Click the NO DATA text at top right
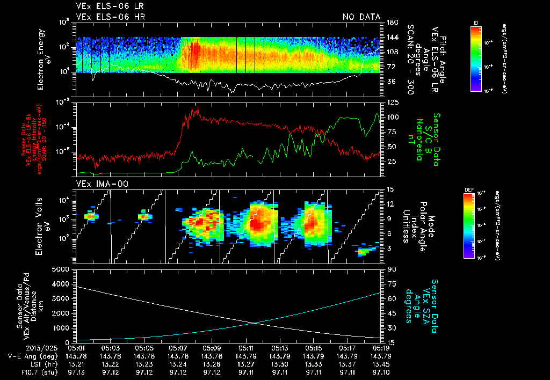tap(361, 17)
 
